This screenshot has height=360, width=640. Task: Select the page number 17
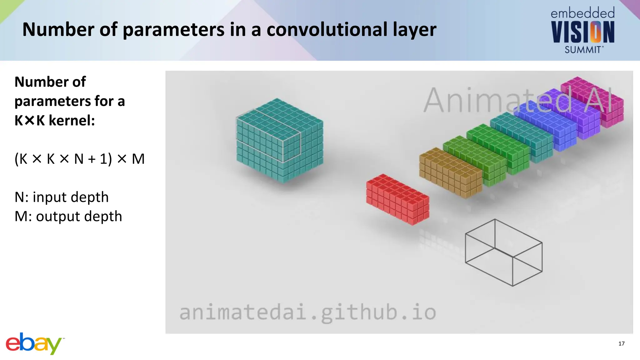tap(621, 344)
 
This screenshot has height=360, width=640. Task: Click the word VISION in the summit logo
tap(582, 32)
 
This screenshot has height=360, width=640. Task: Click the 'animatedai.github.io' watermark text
tap(307, 312)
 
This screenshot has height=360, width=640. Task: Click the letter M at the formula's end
tap(138, 159)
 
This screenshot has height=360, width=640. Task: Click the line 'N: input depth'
tap(62, 197)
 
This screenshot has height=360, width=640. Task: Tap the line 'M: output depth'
tap(68, 216)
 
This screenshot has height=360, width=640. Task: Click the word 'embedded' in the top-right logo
tap(582, 13)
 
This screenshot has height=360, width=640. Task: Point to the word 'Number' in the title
tap(58, 29)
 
